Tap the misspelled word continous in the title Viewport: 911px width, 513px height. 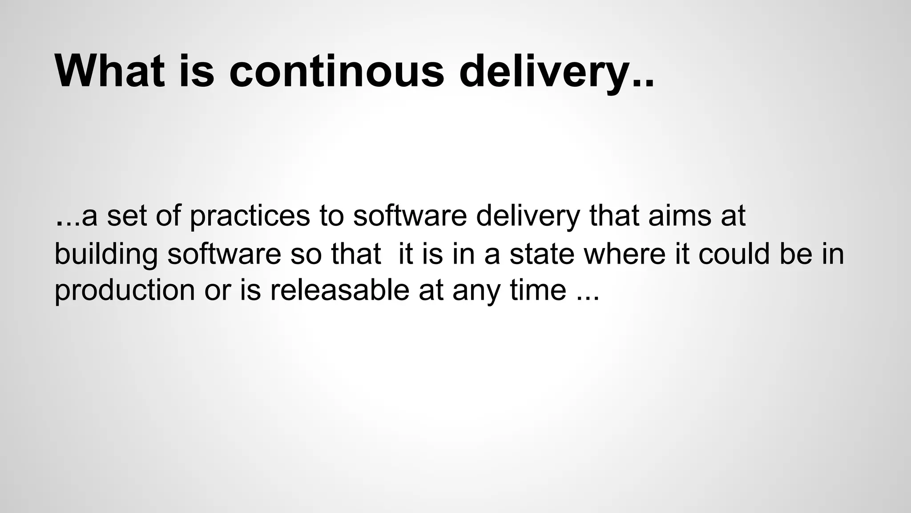pyautogui.click(x=336, y=71)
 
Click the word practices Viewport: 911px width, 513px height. pyautogui.click(x=250, y=217)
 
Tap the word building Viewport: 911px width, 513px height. pyautogui.click(x=106, y=254)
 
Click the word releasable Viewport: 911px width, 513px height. pyautogui.click(x=339, y=290)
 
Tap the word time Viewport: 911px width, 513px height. pyautogui.click(x=538, y=290)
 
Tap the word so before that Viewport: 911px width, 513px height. pyautogui.click(x=306, y=254)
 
